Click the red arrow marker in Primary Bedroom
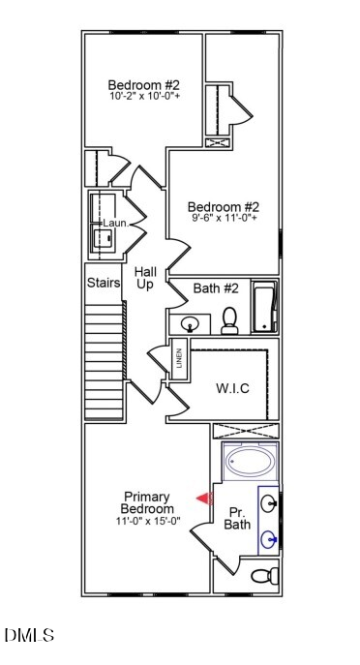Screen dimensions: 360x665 pos(204,499)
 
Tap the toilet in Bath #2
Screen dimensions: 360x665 pos(229,320)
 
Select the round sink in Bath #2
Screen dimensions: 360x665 pos(190,325)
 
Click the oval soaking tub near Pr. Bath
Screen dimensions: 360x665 pos(251,462)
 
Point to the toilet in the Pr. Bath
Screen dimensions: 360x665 pos(264,576)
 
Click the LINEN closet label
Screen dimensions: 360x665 pos(179,358)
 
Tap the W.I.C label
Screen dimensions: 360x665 pos(232,388)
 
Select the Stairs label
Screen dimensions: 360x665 pos(104,283)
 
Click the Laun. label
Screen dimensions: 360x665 pos(116,223)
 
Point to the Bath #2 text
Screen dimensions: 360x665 pos(216,288)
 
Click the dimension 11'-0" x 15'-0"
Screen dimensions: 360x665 pos(148,521)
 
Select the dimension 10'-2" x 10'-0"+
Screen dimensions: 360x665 pos(144,96)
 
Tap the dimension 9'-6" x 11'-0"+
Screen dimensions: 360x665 pos(223,218)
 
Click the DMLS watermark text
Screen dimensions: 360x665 pos(29,635)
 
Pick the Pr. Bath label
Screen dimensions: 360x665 pos(237,518)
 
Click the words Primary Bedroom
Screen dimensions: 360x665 pos(147,502)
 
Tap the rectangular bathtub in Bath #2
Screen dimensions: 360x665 pos(264,306)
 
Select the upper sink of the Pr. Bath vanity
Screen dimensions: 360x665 pos(269,504)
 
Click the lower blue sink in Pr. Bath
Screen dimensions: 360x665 pos(269,540)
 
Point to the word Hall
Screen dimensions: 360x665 pos(145,271)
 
